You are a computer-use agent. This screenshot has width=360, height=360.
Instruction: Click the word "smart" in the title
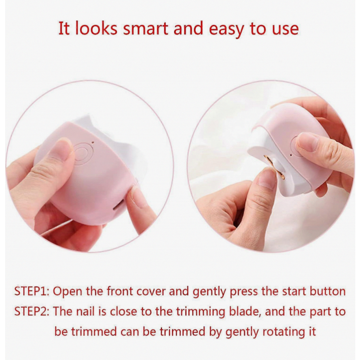point(146,28)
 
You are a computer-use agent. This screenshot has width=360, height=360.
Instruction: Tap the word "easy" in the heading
point(227,30)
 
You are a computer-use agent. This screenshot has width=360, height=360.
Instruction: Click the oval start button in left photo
point(83,152)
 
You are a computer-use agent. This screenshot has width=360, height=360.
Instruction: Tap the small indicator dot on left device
point(93,142)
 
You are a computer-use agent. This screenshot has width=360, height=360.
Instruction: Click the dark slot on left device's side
point(117,206)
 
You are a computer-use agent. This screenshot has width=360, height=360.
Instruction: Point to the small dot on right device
point(291,155)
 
